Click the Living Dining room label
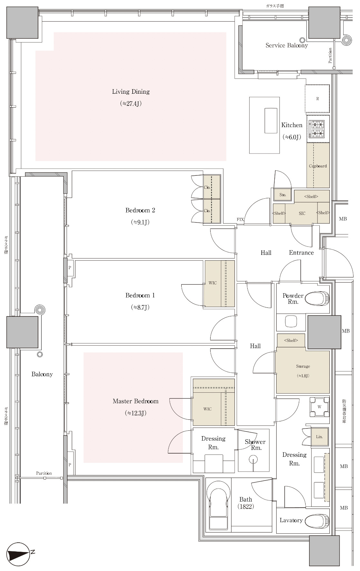131,92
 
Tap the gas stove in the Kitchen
317,129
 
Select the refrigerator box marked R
317,99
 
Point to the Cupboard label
318,166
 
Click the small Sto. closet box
283,195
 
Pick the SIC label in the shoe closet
302,213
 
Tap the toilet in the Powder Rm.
317,298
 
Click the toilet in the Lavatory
317,520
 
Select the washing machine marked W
319,407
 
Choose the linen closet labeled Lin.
319,437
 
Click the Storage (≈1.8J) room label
303,371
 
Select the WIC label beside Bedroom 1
213,283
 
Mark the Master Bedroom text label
136,401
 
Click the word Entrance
301,253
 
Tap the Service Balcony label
287,45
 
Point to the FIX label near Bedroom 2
240,220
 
